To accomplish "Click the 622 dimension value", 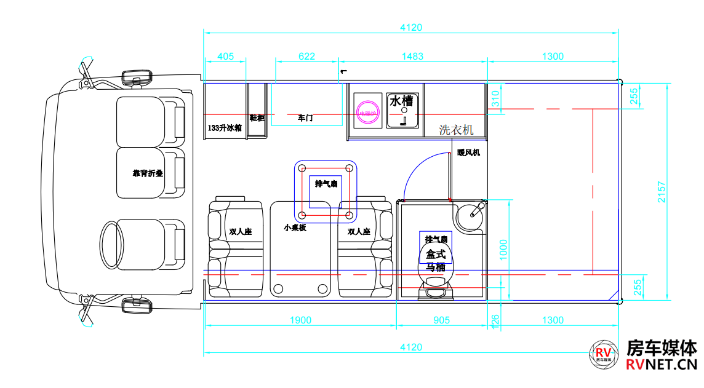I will [x=306, y=57].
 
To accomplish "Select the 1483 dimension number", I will [x=412, y=57].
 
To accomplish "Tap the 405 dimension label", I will [x=226, y=57].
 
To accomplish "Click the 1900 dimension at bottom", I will [x=300, y=320].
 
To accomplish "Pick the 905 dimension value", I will [x=442, y=320].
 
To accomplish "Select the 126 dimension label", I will [x=495, y=320].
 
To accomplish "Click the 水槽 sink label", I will [x=402, y=101].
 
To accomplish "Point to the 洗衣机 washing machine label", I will [x=456, y=130].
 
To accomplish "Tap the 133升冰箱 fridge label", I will [x=225, y=128].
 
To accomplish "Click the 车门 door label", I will [x=305, y=117].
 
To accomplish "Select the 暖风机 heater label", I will [x=468, y=152].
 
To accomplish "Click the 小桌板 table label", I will [x=295, y=228].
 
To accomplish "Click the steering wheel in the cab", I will [x=112, y=245].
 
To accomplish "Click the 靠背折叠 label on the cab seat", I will [x=148, y=173].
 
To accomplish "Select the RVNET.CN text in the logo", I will [x=661, y=366].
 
